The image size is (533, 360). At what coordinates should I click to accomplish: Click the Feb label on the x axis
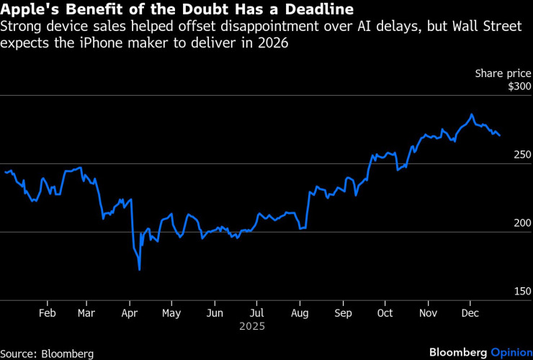(x=47, y=313)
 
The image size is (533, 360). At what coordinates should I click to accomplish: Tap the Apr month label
(x=129, y=313)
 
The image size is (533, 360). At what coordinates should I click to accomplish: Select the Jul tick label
(x=256, y=313)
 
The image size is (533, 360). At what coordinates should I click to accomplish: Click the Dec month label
(x=470, y=313)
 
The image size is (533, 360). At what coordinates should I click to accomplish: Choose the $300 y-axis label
(x=519, y=86)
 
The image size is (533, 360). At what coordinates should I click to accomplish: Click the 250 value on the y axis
(x=521, y=155)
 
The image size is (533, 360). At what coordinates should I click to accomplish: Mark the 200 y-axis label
(x=521, y=223)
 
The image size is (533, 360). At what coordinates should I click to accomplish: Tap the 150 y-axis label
(x=521, y=292)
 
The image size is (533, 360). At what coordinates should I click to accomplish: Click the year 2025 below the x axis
(x=253, y=326)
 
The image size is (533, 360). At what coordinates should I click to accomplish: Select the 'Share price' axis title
(x=503, y=73)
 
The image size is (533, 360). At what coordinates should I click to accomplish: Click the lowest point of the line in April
(x=139, y=270)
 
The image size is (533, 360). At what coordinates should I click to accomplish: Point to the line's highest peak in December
(x=472, y=114)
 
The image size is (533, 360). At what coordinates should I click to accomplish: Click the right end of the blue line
(x=500, y=135)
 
